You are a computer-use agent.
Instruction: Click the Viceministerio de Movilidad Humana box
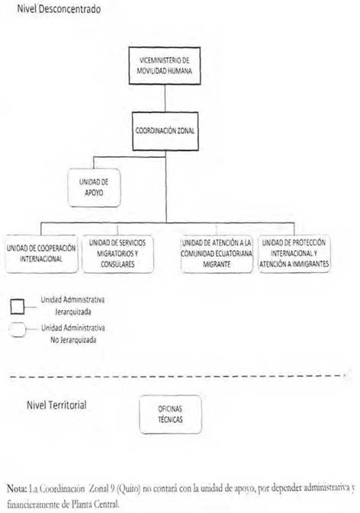point(164,66)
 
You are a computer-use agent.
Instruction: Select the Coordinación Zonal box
point(166,131)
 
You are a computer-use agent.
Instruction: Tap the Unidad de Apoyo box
point(94,188)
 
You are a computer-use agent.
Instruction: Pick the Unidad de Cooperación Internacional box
point(41,254)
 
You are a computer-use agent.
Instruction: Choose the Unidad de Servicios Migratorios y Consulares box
point(117,254)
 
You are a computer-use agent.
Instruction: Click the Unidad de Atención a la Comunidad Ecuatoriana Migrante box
point(217,254)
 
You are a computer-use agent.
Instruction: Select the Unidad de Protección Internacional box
point(294,254)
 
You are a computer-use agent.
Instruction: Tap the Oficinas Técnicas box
point(170,415)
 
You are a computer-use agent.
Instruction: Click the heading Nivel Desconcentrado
point(59,9)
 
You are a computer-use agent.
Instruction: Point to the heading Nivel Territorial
point(56,405)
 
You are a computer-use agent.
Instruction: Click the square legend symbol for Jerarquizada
point(17,306)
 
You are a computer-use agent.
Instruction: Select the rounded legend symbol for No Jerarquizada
point(18,330)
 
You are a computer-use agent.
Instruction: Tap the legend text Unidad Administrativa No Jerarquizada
point(73,334)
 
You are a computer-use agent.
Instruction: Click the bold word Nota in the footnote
point(17,489)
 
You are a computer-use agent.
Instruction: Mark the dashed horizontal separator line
point(178,377)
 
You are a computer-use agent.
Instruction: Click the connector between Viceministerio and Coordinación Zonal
point(165,98)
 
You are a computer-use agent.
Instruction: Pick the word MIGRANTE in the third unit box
point(217,265)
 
